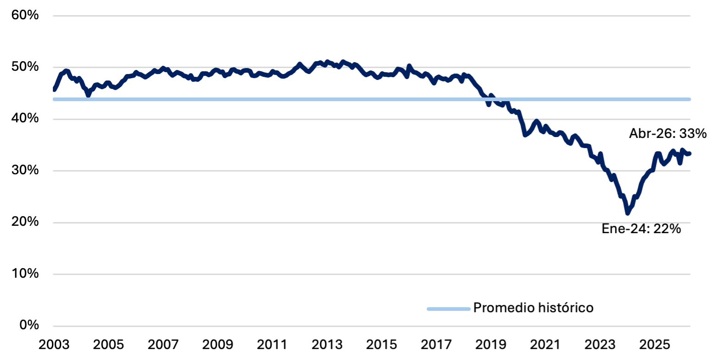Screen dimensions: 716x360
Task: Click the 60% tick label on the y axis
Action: tap(25, 15)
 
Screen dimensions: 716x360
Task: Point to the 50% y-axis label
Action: tap(25, 67)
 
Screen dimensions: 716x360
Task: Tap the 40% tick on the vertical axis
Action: tap(25, 119)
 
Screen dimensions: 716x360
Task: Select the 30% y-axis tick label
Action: tap(25, 170)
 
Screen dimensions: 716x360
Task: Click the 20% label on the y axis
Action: tap(25, 222)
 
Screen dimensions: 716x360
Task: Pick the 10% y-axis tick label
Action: tap(25, 274)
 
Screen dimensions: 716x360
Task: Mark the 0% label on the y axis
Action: tap(29, 325)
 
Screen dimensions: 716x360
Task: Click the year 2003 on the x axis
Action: tap(54, 345)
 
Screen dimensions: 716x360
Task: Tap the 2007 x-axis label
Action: tap(163, 345)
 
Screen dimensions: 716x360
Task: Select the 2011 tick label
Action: tap(273, 345)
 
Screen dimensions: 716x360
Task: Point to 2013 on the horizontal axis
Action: tap(327, 345)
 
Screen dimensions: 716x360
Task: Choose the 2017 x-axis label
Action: tap(436, 345)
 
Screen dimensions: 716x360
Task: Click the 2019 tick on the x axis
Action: tap(491, 345)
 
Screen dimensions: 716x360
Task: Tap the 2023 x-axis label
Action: tap(600, 345)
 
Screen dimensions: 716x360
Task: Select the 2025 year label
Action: tap(654, 345)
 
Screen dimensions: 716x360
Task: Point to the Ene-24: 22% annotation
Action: tap(641, 229)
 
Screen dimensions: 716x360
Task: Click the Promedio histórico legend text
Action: tap(533, 308)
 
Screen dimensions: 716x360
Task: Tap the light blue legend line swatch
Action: tap(449, 309)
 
